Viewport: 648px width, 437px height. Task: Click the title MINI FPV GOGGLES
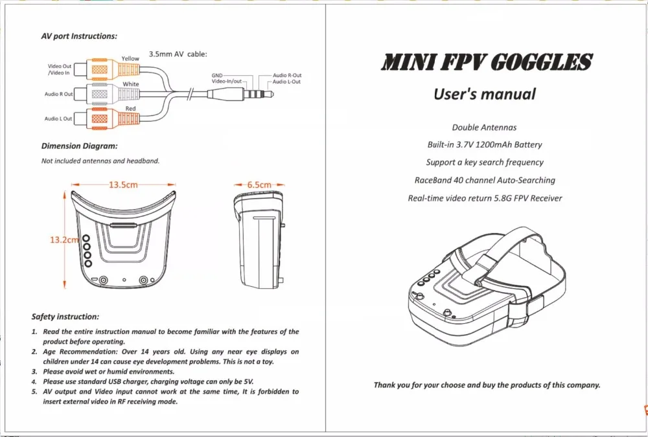pos(486,63)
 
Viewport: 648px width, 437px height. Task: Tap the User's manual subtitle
pos(485,95)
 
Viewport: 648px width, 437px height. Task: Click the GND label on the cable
pos(217,76)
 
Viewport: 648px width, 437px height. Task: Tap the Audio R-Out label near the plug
pos(287,76)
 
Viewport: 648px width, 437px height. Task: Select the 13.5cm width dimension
pos(123,185)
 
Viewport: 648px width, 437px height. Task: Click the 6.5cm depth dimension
pos(259,185)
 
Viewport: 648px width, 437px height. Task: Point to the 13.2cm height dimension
pos(64,240)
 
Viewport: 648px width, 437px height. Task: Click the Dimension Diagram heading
pos(79,146)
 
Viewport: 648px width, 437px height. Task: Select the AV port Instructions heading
pos(79,36)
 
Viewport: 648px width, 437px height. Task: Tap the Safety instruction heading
pos(65,317)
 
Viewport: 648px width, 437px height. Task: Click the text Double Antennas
pos(484,128)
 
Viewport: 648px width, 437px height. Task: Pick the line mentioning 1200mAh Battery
pos(485,145)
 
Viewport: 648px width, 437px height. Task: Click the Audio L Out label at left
pos(58,119)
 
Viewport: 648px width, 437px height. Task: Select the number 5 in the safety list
pos(34,392)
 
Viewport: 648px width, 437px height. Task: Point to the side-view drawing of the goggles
pos(258,240)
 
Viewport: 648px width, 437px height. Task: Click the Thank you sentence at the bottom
pos(487,385)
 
